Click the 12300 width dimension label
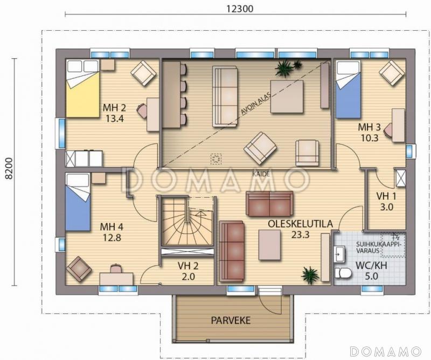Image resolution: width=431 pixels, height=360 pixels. tap(240, 9)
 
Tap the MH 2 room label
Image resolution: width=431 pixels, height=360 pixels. tap(114, 108)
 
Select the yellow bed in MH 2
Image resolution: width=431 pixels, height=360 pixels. tap(82, 88)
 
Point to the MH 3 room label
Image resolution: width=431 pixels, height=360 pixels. tap(369, 127)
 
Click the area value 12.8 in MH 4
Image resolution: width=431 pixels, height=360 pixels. tap(112, 237)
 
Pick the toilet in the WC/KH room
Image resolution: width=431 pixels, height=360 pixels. tap(343, 273)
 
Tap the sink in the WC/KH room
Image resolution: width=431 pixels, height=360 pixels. tap(338, 254)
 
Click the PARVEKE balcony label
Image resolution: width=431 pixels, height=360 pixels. tap(231, 321)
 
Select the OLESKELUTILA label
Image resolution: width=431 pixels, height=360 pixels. tap(300, 224)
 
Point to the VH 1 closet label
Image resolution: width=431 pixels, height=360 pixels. tap(386, 196)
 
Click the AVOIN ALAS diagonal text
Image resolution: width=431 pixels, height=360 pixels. tap(255, 103)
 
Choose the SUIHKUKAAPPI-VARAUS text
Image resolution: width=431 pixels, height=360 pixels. tap(379, 247)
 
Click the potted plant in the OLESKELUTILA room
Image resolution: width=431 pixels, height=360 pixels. tap(310, 275)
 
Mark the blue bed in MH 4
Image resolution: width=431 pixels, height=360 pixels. tap(78, 202)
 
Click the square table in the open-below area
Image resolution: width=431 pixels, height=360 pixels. tap(287, 96)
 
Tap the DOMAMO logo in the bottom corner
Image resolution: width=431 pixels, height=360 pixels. tap(386, 351)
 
